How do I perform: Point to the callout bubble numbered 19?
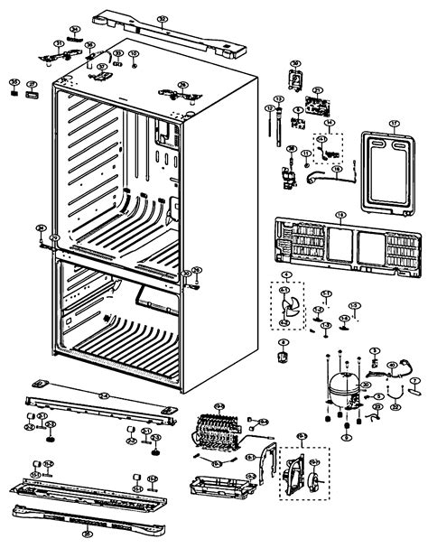click(340, 215)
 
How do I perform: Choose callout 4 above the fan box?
click(286, 274)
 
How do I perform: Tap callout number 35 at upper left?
click(14, 82)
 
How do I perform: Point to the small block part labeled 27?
click(33, 90)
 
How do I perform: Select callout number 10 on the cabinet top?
click(134, 53)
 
